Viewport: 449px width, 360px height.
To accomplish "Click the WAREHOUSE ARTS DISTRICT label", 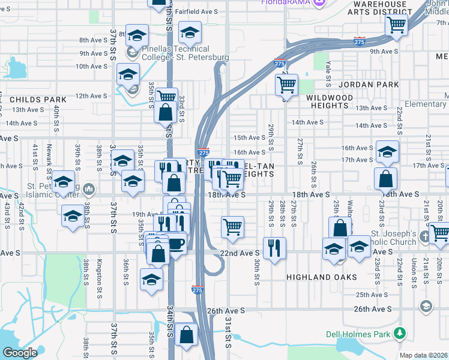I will [385, 8].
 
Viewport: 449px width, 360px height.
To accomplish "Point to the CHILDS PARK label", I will [29, 98].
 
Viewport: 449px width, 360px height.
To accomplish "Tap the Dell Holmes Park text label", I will [358, 334].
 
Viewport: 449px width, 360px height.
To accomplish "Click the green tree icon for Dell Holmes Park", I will [399, 334].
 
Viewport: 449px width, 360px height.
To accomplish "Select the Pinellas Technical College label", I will [178, 53].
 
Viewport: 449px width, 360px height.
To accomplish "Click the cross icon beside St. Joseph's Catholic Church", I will [425, 236].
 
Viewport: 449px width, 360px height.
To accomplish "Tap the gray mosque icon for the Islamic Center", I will [89, 190].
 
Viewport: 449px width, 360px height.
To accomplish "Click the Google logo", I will [20, 353].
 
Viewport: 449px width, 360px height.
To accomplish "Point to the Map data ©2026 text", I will [424, 355].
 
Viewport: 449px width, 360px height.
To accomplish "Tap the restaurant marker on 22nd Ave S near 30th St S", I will [274, 248].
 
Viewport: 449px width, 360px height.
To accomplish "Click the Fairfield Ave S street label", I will [197, 11].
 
